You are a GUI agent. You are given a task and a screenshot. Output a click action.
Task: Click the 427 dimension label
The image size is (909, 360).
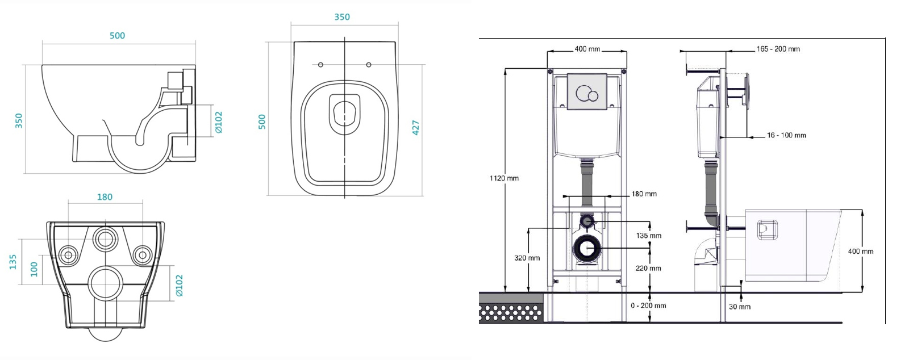(x=416, y=127)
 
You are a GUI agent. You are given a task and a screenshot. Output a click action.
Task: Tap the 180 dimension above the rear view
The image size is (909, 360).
(x=105, y=197)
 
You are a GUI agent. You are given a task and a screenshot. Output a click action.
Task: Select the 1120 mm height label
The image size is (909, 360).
(x=504, y=178)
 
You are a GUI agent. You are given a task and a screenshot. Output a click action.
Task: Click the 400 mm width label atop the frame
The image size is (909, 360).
(x=587, y=49)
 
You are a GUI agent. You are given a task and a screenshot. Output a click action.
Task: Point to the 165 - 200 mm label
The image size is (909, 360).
(x=778, y=49)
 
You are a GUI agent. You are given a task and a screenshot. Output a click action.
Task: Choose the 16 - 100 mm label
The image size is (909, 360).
(x=786, y=135)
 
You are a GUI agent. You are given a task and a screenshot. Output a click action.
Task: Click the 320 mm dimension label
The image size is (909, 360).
(x=527, y=258)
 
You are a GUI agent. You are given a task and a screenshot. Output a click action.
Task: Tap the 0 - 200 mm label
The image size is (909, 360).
(x=648, y=305)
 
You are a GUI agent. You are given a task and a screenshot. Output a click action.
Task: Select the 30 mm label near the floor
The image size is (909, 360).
(x=740, y=307)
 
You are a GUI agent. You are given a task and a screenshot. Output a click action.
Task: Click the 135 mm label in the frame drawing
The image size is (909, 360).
(x=648, y=236)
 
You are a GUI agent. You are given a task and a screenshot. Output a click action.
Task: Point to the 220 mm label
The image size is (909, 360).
(x=648, y=269)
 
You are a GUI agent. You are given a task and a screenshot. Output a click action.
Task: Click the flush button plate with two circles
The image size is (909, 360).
(x=587, y=92)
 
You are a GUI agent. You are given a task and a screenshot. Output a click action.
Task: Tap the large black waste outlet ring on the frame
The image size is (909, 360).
(x=586, y=249)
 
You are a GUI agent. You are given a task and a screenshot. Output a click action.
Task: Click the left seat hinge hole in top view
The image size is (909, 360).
(x=320, y=65)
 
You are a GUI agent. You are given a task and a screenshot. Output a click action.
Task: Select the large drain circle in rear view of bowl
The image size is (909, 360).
(x=105, y=282)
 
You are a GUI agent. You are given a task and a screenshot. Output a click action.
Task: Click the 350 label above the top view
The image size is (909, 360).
(x=342, y=17)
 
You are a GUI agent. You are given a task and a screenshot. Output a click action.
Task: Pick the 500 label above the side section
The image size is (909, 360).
(x=117, y=36)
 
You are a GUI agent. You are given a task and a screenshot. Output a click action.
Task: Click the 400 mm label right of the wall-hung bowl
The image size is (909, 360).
(x=860, y=252)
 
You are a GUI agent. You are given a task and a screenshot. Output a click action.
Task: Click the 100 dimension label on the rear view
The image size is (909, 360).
(x=34, y=269)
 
